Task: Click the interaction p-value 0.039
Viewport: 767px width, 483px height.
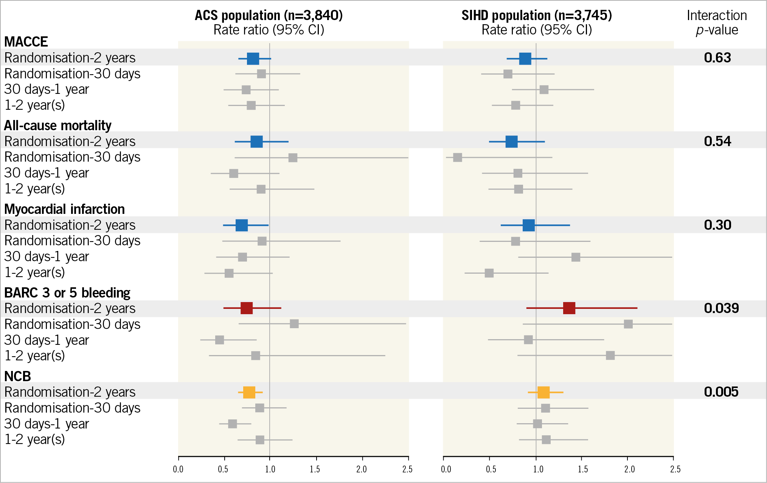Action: point(721,308)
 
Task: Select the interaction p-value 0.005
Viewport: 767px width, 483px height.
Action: point(721,392)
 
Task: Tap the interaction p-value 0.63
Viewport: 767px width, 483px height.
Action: point(717,58)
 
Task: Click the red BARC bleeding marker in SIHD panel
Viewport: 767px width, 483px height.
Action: point(569,308)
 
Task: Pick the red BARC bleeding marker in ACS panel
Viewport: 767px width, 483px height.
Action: point(247,308)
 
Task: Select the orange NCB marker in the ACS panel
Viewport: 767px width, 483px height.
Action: point(249,392)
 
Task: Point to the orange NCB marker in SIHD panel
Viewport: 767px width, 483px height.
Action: point(543,392)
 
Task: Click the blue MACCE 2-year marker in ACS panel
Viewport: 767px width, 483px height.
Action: point(253,59)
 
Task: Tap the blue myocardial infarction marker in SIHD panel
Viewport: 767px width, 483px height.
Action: point(528,225)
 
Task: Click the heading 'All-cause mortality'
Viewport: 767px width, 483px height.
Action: point(57,125)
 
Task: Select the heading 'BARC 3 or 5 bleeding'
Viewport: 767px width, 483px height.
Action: point(67,293)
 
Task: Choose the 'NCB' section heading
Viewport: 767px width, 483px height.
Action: point(17,376)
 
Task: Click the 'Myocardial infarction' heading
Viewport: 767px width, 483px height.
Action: point(64,209)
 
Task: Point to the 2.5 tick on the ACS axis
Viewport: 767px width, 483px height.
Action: point(408,469)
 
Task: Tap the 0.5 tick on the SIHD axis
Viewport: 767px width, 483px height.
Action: point(491,469)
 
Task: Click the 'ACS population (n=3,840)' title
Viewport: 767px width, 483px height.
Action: point(269,16)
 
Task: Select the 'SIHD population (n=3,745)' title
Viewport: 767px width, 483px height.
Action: point(536,16)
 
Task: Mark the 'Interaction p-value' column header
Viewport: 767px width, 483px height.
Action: point(717,22)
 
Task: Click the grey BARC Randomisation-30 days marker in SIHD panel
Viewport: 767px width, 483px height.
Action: point(628,324)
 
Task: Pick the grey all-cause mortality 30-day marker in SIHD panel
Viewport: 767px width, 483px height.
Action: point(457,157)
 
